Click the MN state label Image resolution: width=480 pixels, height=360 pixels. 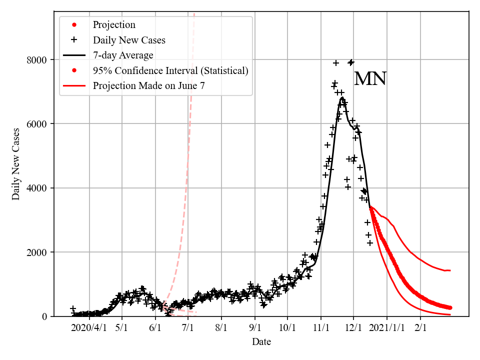point(370,79)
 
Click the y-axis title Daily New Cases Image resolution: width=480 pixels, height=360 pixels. point(16,164)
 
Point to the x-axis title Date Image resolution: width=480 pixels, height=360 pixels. point(261,342)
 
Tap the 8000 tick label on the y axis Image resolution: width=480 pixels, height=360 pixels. point(36,60)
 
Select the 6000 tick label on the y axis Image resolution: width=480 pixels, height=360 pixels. point(36,124)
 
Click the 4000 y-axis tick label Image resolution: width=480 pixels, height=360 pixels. point(36,188)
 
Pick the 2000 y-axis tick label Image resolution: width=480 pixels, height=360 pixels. point(36,252)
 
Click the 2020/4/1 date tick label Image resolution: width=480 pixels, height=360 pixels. point(89,328)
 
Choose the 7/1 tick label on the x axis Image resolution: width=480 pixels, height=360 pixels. point(188,328)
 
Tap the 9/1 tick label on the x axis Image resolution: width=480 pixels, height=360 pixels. point(254,328)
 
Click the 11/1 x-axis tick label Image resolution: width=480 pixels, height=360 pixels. point(321,328)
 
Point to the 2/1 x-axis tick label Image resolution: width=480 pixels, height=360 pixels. point(420,328)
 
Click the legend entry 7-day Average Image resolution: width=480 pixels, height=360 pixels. point(123,55)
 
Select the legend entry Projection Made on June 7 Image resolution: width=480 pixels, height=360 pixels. point(148,86)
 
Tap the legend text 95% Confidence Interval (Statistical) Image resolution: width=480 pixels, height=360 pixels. point(170,70)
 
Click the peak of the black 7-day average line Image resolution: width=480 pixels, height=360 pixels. point(342,97)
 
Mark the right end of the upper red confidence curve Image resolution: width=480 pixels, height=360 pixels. point(450,270)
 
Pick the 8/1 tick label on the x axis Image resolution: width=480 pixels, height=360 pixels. point(221,328)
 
